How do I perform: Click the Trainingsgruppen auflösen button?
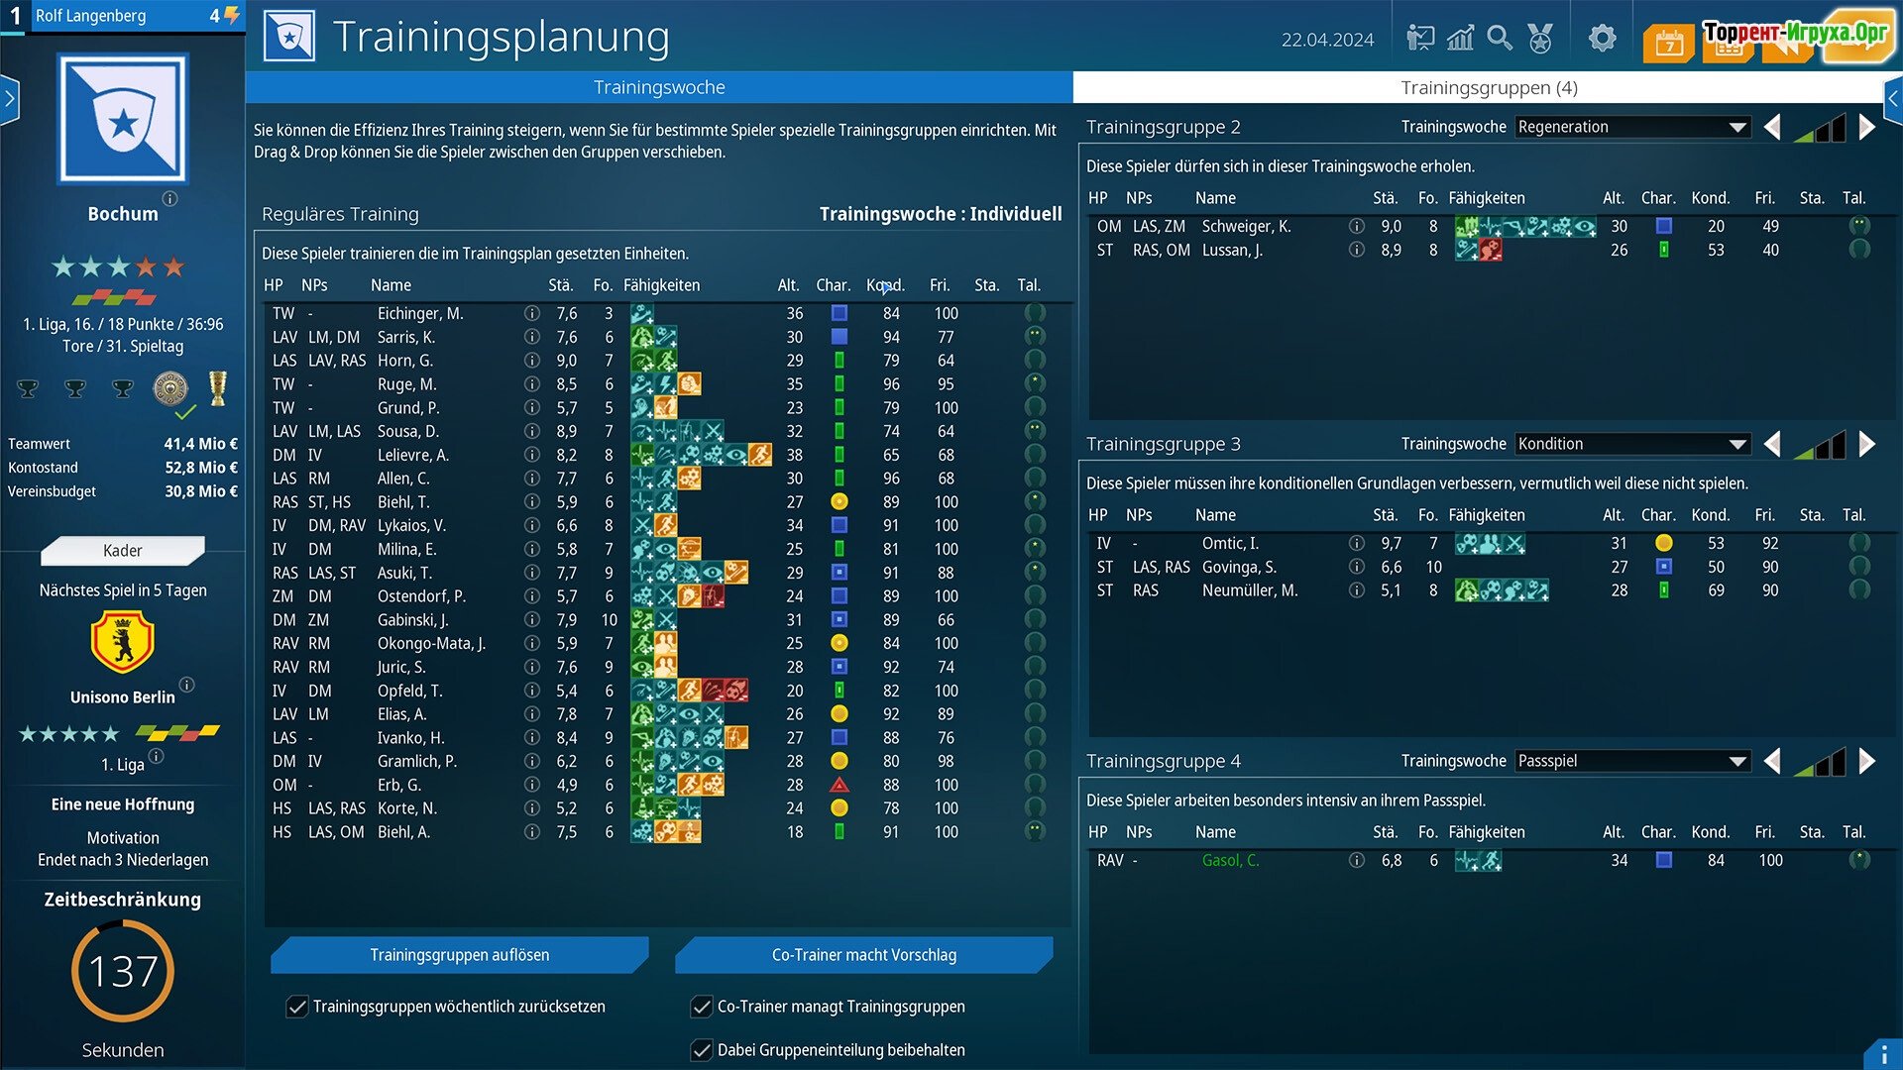click(459, 955)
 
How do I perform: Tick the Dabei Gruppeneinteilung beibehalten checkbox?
click(702, 1050)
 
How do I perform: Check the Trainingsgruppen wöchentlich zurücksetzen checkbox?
click(297, 1007)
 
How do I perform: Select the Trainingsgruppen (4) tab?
click(1488, 87)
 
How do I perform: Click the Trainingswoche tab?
click(659, 87)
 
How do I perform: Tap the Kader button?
click(123, 551)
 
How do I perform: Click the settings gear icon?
click(1602, 39)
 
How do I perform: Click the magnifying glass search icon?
click(1500, 39)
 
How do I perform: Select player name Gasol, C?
click(1230, 860)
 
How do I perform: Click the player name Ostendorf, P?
click(421, 596)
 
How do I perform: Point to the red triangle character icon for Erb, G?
click(840, 785)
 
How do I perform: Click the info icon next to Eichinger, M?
click(532, 313)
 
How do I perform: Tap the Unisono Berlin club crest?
click(123, 642)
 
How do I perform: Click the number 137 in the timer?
click(123, 971)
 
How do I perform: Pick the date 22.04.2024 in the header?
click(1327, 40)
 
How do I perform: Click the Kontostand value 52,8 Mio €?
click(201, 468)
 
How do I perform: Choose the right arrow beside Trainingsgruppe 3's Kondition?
click(1867, 444)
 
